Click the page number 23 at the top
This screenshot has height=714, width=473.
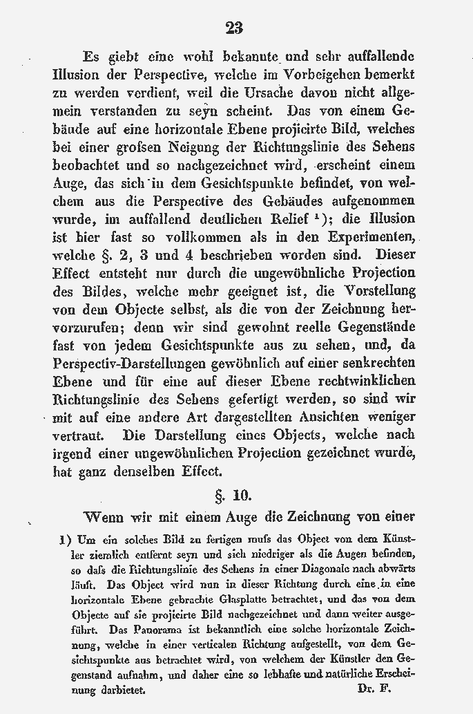point(234,28)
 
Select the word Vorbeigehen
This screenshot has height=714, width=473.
point(320,74)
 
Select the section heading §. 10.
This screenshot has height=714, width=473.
point(234,496)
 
